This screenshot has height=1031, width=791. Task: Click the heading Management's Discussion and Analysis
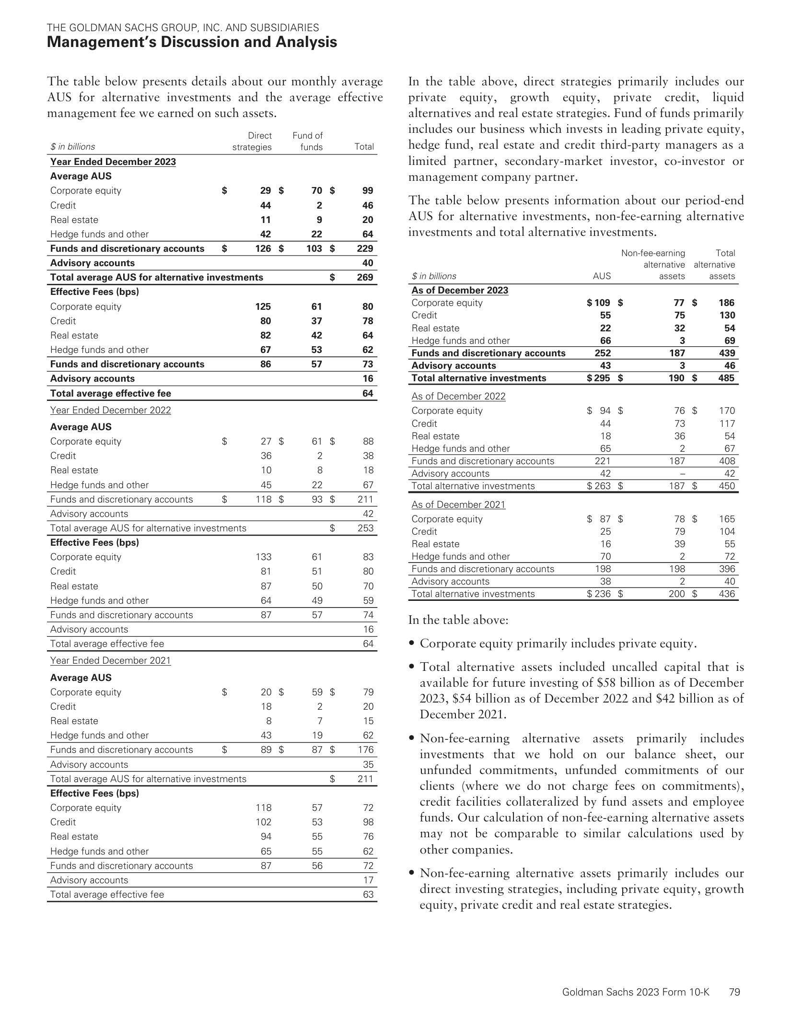(x=192, y=42)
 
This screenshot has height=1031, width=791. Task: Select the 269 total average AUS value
(x=365, y=277)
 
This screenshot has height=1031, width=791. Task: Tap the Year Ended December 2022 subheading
(x=110, y=410)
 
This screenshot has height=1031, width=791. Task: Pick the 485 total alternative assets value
(x=726, y=378)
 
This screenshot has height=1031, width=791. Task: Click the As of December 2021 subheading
(x=458, y=504)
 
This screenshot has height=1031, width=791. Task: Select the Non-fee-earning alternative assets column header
(x=653, y=265)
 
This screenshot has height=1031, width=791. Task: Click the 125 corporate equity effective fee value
(x=263, y=306)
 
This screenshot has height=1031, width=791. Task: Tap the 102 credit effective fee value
(x=264, y=822)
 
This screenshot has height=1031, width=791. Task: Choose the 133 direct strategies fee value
(x=264, y=557)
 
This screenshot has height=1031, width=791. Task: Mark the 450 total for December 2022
(x=726, y=486)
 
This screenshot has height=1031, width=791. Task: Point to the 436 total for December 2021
(x=726, y=594)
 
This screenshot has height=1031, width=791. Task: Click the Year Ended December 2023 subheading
(x=113, y=162)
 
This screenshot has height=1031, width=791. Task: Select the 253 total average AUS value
(x=365, y=528)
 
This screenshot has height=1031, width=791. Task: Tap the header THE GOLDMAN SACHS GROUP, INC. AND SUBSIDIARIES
(x=183, y=27)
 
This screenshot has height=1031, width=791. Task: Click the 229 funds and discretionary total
(x=365, y=248)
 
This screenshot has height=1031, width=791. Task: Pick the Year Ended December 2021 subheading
(x=110, y=660)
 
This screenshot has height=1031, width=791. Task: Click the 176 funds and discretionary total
(x=365, y=750)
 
